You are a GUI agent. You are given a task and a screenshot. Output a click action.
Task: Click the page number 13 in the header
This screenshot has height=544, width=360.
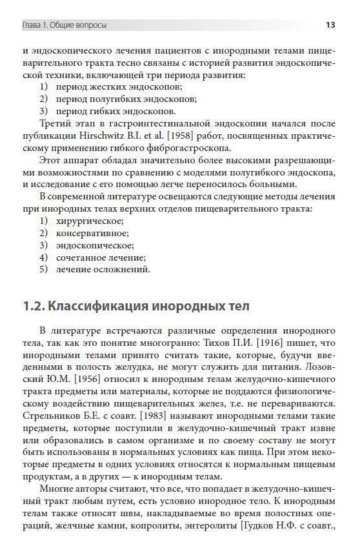330,26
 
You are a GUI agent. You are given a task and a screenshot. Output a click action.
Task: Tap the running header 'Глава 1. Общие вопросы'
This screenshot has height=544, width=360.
65,26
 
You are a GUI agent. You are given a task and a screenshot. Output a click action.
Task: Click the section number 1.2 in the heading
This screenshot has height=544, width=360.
33,305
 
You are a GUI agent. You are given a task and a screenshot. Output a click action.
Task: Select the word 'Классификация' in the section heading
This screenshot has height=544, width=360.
100,305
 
